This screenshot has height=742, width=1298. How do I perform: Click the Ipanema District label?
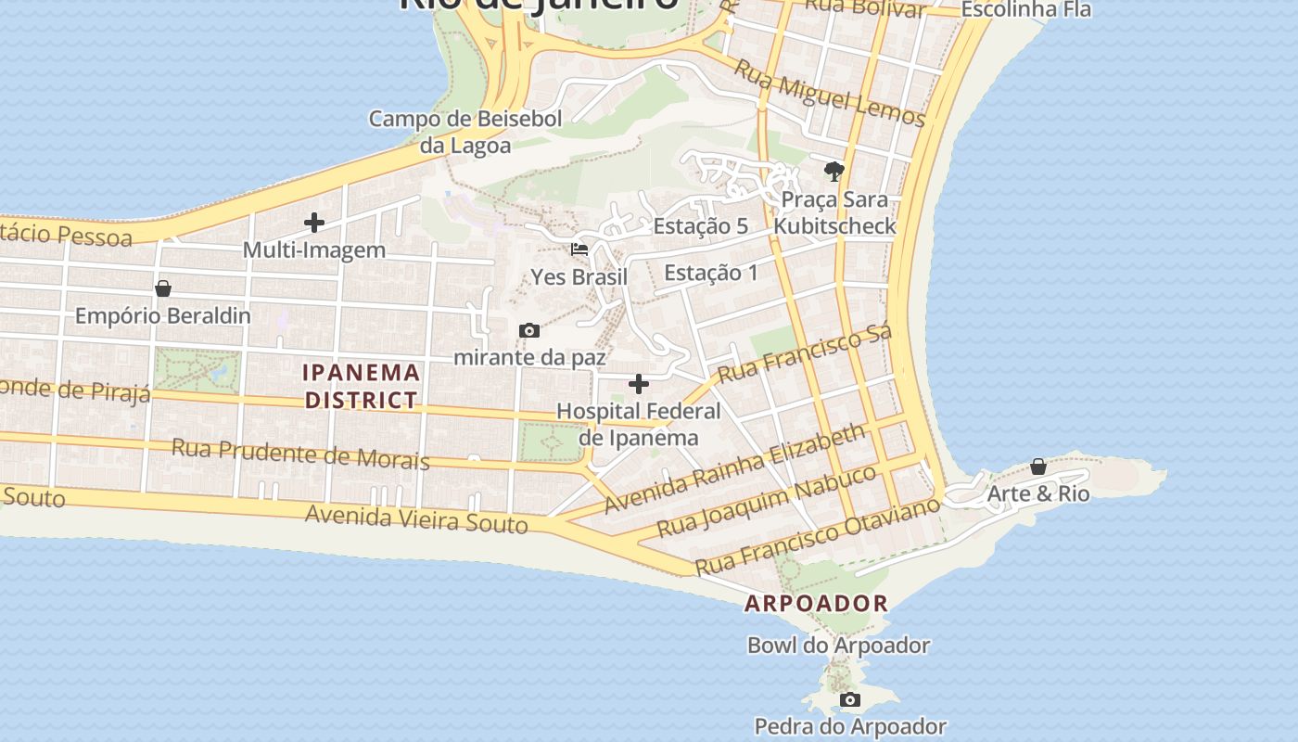[362, 387]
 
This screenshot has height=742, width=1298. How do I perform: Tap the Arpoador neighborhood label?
[816, 603]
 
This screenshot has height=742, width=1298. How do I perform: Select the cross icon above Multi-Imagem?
[314, 223]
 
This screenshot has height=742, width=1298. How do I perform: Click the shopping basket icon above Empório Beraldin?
[163, 288]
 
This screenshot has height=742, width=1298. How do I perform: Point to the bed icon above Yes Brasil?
[579, 249]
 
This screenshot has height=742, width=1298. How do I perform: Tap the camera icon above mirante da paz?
[529, 330]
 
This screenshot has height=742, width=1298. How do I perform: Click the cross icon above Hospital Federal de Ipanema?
[639, 384]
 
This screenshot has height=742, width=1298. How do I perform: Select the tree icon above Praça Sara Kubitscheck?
[834, 172]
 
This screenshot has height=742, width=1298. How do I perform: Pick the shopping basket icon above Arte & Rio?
[1038, 467]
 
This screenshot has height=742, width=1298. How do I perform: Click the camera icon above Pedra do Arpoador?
[850, 699]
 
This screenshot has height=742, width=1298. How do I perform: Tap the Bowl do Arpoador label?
[838, 645]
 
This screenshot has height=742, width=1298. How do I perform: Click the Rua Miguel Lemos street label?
[830, 94]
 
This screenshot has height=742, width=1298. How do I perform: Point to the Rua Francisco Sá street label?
[805, 353]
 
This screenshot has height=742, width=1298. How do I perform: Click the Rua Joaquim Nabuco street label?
[767, 502]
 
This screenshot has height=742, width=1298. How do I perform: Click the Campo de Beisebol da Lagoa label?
[465, 132]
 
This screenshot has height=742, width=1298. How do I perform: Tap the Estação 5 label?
[700, 226]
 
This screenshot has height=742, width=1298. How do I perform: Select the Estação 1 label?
[711, 273]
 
